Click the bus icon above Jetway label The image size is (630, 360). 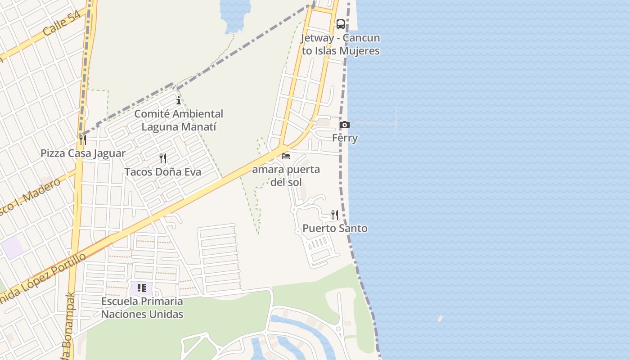341,24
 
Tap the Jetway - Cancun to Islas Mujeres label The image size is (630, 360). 341,44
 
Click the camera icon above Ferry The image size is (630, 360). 344,125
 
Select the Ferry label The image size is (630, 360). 345,138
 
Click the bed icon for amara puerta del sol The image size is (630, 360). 286,156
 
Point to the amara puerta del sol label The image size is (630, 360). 286,175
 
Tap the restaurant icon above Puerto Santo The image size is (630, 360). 335,215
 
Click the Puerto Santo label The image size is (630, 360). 335,228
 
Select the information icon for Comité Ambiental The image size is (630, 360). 179,100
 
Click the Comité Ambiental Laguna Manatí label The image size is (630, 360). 179,120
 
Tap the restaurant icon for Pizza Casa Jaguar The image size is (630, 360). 82,140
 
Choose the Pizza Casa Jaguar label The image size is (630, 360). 83,153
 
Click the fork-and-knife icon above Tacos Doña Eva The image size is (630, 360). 163,158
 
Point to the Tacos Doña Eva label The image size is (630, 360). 163,172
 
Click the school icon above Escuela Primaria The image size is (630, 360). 142,288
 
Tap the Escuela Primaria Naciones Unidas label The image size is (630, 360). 142,307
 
